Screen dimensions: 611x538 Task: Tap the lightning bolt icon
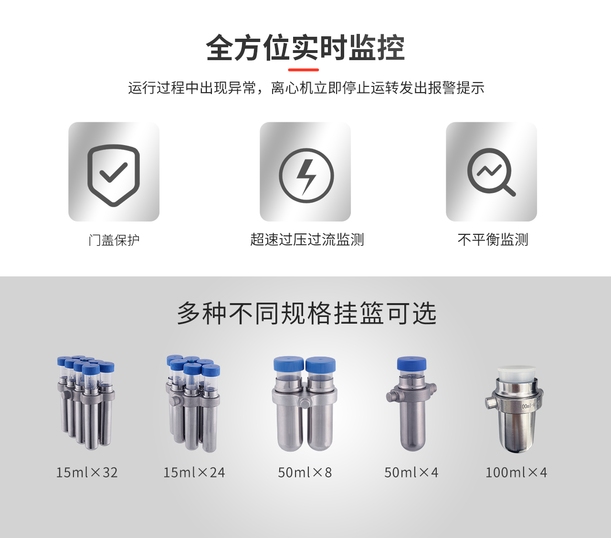[306, 176]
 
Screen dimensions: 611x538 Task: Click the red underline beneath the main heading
[304, 70]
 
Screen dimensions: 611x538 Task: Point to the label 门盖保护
[114, 240]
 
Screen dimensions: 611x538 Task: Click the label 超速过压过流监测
[307, 240]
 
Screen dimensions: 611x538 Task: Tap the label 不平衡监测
[493, 240]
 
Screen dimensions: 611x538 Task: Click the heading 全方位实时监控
[305, 48]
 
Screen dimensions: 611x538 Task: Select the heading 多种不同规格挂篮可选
[307, 313]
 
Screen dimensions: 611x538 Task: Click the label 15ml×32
[87, 473]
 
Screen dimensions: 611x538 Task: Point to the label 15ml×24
[194, 473]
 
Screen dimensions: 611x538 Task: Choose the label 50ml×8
[305, 473]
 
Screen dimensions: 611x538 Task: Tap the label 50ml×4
[411, 473]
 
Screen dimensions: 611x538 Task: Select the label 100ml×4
[516, 473]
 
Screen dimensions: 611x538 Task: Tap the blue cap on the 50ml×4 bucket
[411, 364]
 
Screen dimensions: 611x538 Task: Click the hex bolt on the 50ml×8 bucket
[304, 403]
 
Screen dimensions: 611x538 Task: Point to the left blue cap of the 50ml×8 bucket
[289, 364]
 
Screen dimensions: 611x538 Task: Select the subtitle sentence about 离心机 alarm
[306, 88]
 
